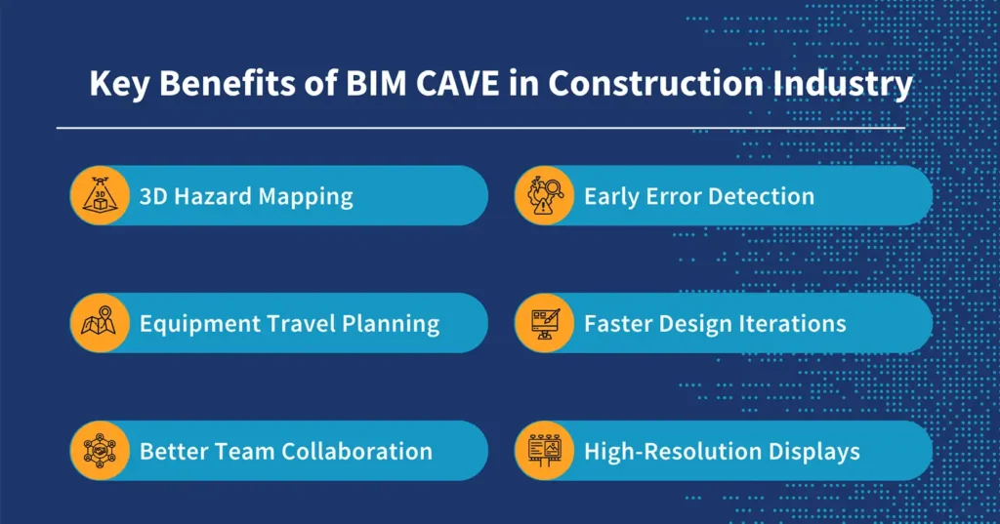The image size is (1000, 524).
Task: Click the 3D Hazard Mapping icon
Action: click(100, 195)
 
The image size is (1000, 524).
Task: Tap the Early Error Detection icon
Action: click(544, 195)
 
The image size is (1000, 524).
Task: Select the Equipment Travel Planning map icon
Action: click(100, 323)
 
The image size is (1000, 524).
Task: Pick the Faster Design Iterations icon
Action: click(544, 323)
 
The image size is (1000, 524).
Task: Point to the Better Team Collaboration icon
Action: click(100, 451)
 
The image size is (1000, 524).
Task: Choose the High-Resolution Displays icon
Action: click(544, 451)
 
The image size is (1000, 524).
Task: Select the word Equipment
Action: click(194, 324)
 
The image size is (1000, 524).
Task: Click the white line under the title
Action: click(480, 127)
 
